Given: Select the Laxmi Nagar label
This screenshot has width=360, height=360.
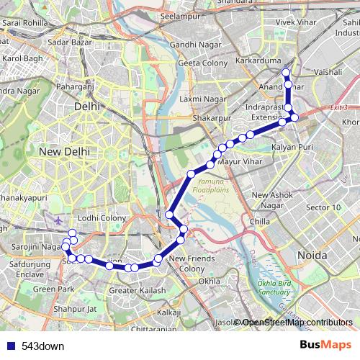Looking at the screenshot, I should coord(199,98).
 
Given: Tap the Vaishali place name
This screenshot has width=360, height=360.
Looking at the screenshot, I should coord(328,73).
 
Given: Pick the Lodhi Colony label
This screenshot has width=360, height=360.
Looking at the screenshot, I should coord(103,217).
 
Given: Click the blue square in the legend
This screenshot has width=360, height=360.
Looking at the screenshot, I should coord(10,346).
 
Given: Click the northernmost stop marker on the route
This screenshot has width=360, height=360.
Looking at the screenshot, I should coord(286,73).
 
